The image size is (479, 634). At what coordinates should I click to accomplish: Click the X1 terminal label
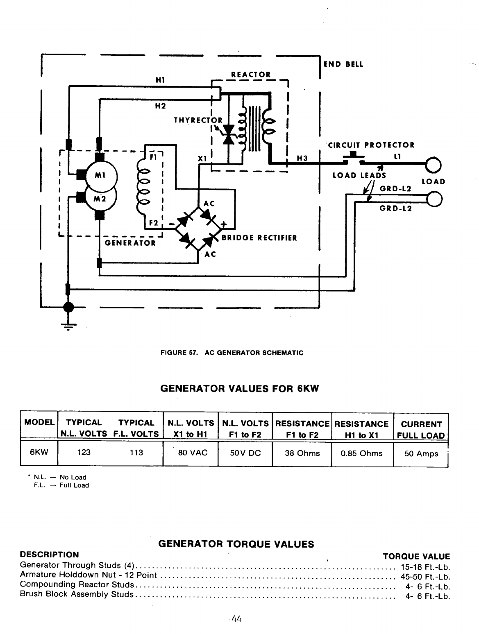(x=201, y=159)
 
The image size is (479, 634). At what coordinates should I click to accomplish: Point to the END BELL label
(x=343, y=64)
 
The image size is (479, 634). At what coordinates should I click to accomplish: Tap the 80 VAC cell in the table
(x=191, y=453)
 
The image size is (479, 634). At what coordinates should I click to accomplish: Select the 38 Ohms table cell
(x=302, y=453)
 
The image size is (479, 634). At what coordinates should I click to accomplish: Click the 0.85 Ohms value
(x=362, y=453)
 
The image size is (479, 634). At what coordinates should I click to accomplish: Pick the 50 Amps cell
(x=421, y=454)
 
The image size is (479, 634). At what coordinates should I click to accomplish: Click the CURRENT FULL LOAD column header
(x=421, y=430)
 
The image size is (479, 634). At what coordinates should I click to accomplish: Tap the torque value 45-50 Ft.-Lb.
(x=425, y=577)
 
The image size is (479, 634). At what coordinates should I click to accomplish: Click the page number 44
(x=236, y=619)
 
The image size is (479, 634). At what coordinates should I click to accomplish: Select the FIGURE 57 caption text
(x=232, y=353)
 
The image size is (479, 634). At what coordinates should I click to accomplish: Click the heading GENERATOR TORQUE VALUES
(x=236, y=544)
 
